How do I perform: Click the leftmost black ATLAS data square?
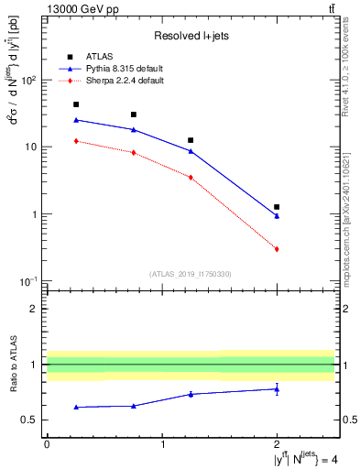(x=76, y=104)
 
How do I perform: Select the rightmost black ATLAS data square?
(x=277, y=207)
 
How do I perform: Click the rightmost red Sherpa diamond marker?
(x=277, y=249)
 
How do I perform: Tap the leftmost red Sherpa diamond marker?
(x=76, y=141)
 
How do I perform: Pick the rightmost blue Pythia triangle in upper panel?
(x=277, y=216)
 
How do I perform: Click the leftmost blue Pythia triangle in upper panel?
(x=76, y=120)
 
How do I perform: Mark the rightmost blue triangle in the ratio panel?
(x=277, y=388)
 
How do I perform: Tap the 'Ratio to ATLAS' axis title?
(x=12, y=365)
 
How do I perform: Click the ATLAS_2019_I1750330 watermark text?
(x=191, y=274)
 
